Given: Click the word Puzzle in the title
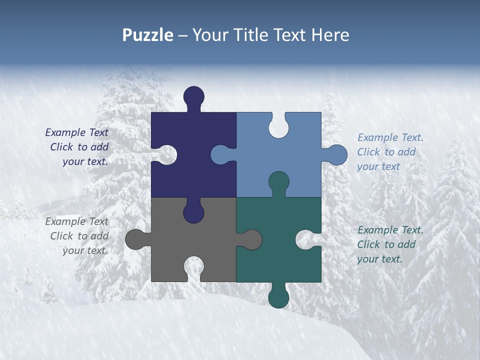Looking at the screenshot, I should (x=147, y=35).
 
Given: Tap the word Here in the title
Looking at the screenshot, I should (x=330, y=35).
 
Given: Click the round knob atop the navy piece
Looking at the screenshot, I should (x=194, y=96).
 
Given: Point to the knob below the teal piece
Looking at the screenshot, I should (x=278, y=297).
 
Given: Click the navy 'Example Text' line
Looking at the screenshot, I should (x=77, y=132).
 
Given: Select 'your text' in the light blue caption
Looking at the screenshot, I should (x=378, y=166).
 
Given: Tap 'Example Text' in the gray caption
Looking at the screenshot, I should (x=77, y=221).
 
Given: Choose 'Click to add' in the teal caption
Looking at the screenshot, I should (x=386, y=244).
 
